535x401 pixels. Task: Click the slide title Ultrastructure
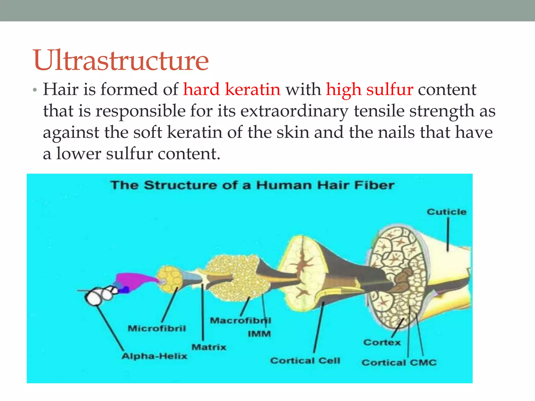(121, 61)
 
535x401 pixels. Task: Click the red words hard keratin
(232, 90)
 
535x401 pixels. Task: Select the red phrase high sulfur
(369, 90)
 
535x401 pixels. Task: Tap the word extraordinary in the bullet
(294, 111)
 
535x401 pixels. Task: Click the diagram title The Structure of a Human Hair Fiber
(252, 185)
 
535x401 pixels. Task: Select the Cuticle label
(446, 212)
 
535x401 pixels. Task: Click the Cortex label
(382, 342)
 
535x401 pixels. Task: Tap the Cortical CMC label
(399, 362)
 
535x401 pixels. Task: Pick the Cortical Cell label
(305, 361)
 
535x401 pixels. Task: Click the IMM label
(259, 334)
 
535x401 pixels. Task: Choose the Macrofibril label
(240, 320)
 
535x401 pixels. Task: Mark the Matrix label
(209, 347)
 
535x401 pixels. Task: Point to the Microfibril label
(157, 328)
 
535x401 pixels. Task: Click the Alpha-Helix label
(154, 356)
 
